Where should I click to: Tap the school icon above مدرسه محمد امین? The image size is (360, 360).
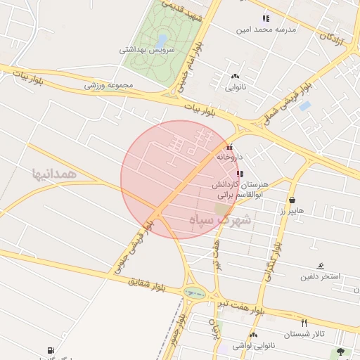click(x=265, y=18)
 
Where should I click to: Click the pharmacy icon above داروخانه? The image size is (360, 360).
click(x=229, y=147)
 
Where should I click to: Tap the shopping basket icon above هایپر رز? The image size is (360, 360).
click(x=292, y=200)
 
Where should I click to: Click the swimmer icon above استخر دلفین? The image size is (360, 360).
click(x=321, y=266)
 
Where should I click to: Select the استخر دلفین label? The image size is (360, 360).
click(x=321, y=276)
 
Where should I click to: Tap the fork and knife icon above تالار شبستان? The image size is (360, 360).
click(x=304, y=323)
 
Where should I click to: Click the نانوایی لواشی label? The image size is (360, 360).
click(x=252, y=345)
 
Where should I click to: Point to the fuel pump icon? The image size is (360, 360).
click(x=50, y=350)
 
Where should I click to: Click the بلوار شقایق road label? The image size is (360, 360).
click(x=150, y=285)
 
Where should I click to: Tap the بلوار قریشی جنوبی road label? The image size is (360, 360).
click(x=129, y=246)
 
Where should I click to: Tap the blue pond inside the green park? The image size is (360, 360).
click(x=163, y=39)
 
